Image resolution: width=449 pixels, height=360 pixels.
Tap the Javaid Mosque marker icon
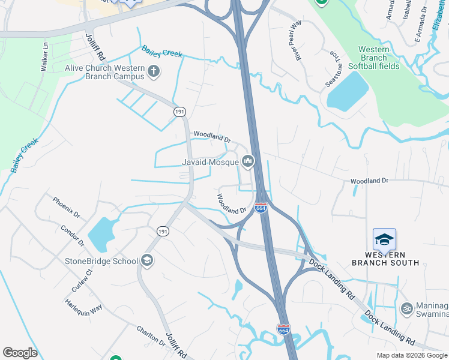click(248, 161)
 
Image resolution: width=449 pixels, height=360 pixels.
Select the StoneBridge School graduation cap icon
click(147, 260)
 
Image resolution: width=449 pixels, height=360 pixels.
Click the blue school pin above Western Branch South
click(384, 240)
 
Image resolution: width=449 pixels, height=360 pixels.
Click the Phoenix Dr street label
click(65, 208)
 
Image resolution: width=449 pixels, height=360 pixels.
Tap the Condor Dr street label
click(72, 236)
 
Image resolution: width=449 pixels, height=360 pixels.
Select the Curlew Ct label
click(80, 280)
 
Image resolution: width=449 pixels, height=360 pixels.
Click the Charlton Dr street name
click(151, 335)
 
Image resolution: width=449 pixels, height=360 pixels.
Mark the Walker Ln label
click(44, 57)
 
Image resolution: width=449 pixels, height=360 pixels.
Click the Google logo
click(20, 353)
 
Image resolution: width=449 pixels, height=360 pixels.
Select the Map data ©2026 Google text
click(412, 355)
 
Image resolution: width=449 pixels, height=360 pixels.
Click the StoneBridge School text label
click(101, 261)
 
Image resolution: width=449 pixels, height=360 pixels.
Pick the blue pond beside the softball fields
click(349, 89)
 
